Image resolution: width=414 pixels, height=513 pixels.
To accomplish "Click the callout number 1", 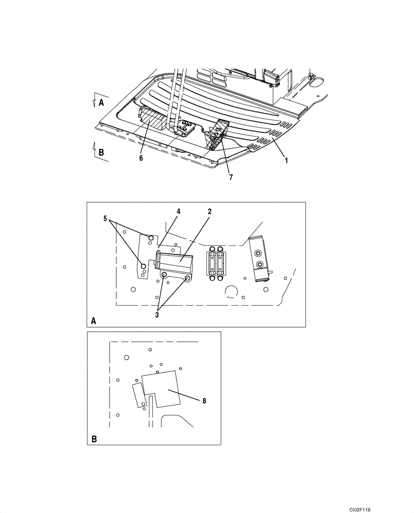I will [286, 160].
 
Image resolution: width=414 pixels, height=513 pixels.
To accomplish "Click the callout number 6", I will [141, 158].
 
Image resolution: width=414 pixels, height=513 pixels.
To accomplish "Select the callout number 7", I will [231, 177].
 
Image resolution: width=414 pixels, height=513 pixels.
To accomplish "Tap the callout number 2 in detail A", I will [210, 211].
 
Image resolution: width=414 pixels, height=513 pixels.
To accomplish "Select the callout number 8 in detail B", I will [204, 401].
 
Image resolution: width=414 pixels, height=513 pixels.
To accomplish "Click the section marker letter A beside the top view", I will [101, 102].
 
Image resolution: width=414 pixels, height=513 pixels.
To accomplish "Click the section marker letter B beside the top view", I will [101, 152].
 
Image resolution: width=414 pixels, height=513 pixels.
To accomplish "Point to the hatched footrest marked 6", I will [152, 121].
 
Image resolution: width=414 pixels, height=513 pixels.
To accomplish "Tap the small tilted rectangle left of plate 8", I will [138, 394].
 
